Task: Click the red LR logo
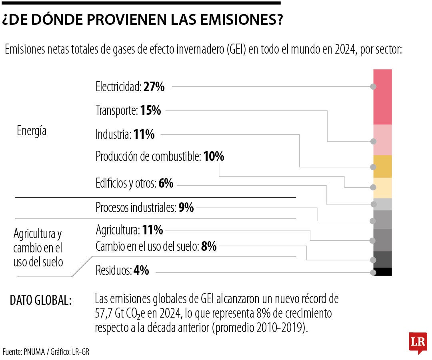click(418, 342)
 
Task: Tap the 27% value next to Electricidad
click(154, 87)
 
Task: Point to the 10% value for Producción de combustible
click(214, 156)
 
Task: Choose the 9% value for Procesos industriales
click(186, 208)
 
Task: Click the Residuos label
click(114, 271)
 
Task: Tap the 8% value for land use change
click(209, 247)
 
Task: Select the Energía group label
click(32, 131)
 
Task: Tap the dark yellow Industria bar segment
click(382, 166)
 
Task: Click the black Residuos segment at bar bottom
click(382, 272)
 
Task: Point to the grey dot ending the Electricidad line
click(373, 87)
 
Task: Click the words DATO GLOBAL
click(40, 300)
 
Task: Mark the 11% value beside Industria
click(144, 134)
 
